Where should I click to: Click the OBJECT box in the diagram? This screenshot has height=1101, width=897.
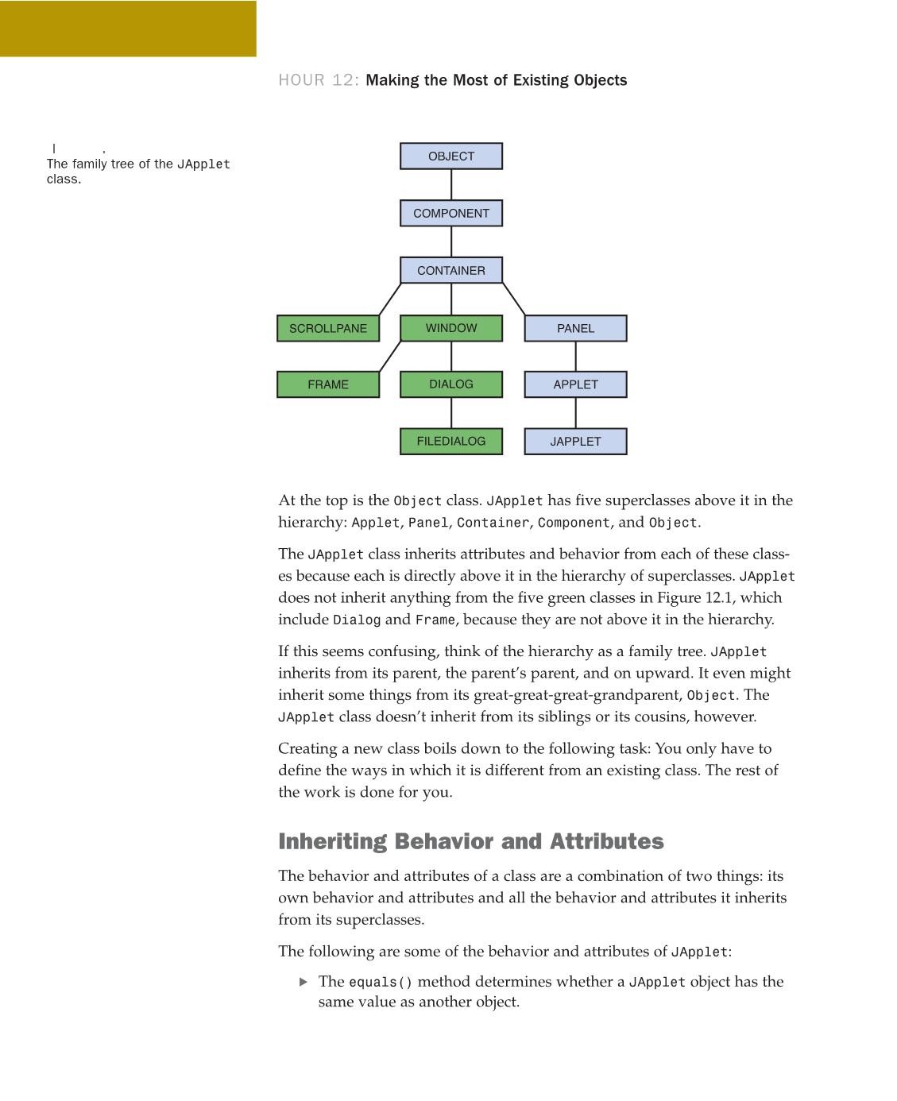point(450,156)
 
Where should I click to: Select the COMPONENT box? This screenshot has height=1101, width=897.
point(450,214)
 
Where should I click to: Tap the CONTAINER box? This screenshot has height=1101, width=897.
point(450,271)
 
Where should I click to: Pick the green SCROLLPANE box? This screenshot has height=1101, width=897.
point(328,328)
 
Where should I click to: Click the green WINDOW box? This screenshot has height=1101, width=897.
point(450,328)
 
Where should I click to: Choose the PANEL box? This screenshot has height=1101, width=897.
point(575,328)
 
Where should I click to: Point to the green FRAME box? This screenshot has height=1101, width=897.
point(328,384)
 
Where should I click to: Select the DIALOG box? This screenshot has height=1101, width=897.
point(450,384)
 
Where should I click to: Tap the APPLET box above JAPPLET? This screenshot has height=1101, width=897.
point(575,384)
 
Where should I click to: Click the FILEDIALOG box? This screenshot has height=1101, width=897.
point(450,442)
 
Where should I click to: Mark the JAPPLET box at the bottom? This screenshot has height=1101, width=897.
point(575,442)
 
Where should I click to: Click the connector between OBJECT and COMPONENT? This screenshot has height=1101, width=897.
point(451,185)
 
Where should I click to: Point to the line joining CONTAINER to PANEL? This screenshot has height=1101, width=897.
point(514,299)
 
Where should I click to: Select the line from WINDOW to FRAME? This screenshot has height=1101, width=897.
point(389,356)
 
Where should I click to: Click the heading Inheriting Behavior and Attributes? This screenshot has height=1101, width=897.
point(470,841)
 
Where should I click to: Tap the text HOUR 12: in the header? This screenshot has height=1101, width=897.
point(319,80)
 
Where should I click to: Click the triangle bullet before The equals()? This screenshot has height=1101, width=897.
point(304,982)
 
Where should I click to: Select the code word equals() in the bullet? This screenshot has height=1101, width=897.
point(381,983)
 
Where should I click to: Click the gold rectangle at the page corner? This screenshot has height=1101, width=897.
point(128,29)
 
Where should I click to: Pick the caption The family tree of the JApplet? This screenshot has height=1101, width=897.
point(138,164)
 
